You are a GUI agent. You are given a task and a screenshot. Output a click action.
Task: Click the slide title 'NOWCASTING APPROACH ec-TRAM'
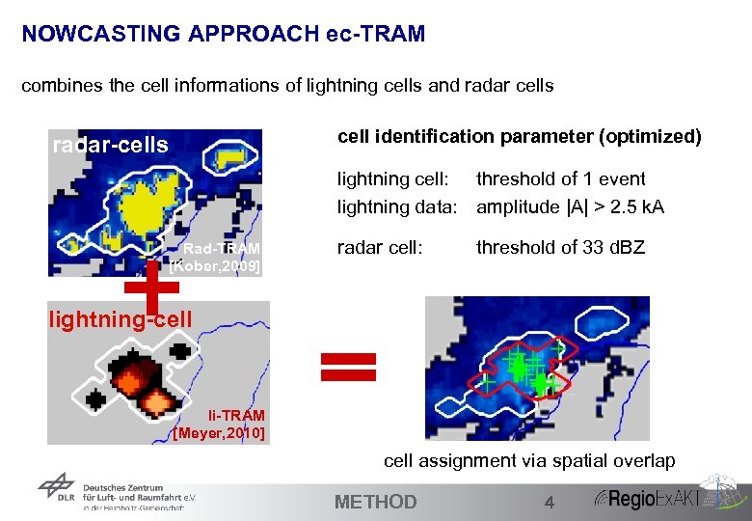tap(223, 35)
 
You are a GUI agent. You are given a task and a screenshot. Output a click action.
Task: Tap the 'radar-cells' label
tap(110, 146)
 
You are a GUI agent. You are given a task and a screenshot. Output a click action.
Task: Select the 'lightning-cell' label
tap(121, 318)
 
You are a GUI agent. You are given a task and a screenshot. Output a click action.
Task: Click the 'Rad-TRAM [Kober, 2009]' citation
tap(216, 257)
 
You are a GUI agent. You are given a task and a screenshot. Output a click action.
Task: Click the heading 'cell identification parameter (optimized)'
tap(520, 136)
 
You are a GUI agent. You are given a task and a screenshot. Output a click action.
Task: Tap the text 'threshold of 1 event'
tap(561, 178)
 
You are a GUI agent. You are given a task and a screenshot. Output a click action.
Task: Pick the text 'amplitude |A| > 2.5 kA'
tap(570, 206)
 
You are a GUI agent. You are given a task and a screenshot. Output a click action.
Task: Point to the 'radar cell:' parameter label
tap(380, 248)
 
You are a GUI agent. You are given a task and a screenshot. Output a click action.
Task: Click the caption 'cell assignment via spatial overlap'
tap(529, 461)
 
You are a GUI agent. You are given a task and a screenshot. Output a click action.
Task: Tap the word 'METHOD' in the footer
tap(375, 502)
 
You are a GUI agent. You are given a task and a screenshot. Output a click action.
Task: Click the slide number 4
tap(549, 502)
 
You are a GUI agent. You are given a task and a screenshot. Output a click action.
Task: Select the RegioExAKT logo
tap(665, 497)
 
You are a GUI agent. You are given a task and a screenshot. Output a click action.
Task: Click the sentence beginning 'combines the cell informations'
tap(287, 86)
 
